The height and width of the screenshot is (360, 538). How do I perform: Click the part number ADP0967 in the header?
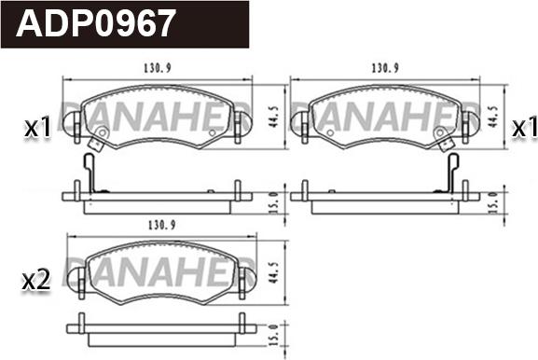pos(97,23)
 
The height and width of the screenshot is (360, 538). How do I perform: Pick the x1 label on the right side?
pos(522,128)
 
